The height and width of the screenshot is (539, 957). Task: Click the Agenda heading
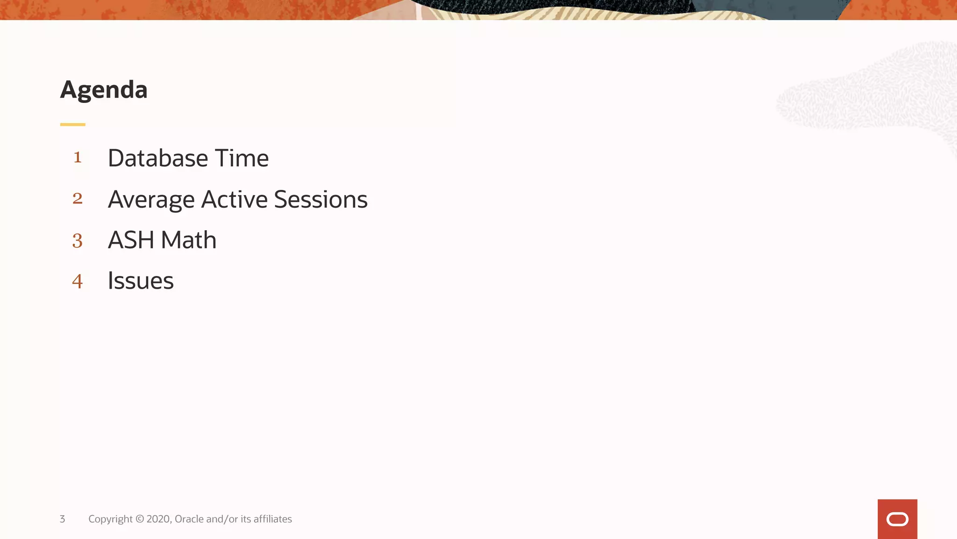pos(104,90)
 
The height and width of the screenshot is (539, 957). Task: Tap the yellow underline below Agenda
pos(72,124)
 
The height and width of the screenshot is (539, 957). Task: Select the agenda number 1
pos(78,157)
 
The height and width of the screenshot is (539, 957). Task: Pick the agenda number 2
pos(78,198)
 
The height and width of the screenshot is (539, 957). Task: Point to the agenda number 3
pos(78,240)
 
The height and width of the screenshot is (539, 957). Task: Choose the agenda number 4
pos(78,281)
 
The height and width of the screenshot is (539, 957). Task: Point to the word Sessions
pos(321,199)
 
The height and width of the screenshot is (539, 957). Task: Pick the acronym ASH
pos(131,240)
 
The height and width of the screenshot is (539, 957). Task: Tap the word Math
pos(188,240)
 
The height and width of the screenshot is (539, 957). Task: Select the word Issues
pos(141,281)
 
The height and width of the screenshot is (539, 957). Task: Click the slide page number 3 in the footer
pos(62,519)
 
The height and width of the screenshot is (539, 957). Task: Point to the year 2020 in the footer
pos(159,519)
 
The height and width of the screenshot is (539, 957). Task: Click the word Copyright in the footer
pos(110,519)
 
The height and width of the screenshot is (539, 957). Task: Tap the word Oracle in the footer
pos(189,519)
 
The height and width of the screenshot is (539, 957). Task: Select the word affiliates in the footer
pos(272,519)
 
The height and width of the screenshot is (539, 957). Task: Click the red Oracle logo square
pos(897,519)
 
